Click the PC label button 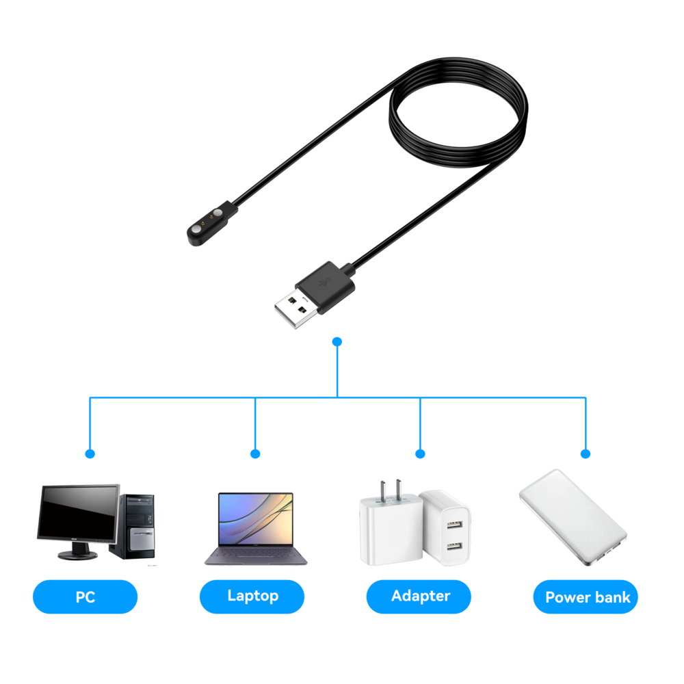(x=85, y=596)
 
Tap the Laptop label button (x=252, y=596)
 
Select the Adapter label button (x=419, y=596)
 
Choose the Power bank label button (x=586, y=597)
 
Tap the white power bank (x=572, y=516)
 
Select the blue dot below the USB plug (x=337, y=341)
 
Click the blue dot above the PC (x=90, y=453)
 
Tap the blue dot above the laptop (x=255, y=453)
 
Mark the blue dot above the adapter (x=420, y=453)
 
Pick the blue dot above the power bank (x=586, y=453)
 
